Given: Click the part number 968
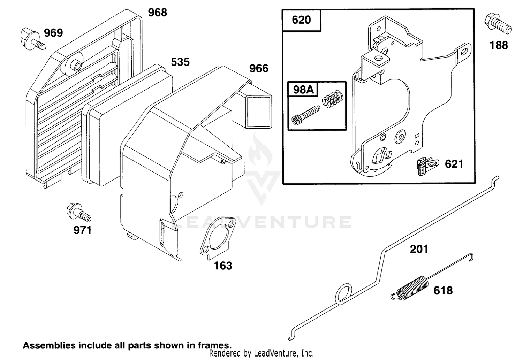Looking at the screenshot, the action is [158, 12].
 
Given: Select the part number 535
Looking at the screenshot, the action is [180, 62].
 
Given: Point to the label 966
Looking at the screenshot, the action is [259, 69].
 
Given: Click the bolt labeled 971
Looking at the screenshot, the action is [78, 212].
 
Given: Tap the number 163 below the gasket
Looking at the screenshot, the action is [223, 266].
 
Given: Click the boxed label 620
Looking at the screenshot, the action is [301, 20].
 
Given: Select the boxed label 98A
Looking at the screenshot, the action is [303, 90].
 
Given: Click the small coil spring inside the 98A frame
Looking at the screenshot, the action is [333, 99].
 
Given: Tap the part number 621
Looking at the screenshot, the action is [454, 164].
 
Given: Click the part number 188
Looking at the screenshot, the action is [499, 45].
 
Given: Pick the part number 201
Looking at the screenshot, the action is [419, 250].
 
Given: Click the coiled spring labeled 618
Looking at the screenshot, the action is [411, 288].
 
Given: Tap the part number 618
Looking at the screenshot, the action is [443, 291].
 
